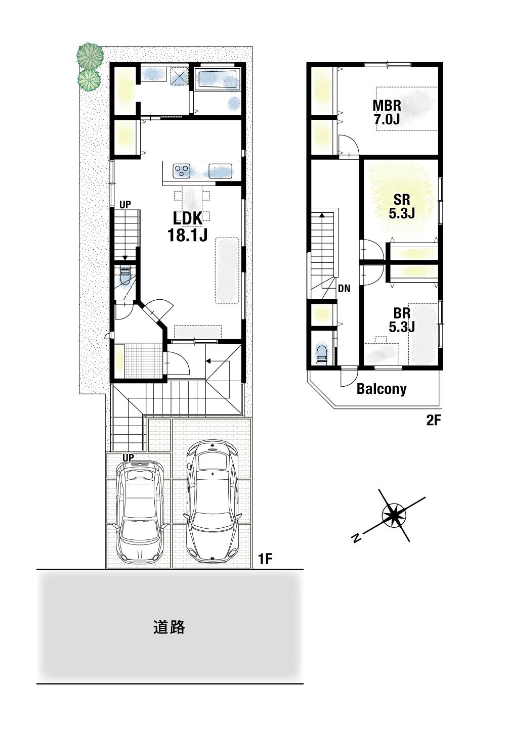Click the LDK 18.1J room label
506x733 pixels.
pos(187,226)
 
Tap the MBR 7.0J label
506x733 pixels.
pos(387,112)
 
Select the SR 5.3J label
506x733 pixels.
pos(402,206)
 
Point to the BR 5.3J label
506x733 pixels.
pos(402,320)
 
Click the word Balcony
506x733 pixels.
pos(382,389)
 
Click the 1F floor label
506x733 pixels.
pos(265,559)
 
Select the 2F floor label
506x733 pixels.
pos(434,421)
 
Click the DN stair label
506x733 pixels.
pos(344,288)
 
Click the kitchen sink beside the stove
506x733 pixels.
pos(221,171)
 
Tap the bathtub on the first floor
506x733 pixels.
pos(217,79)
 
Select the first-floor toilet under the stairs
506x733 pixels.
pos(125,277)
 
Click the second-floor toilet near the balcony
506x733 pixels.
pos(322,353)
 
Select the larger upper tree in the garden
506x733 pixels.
pos(90,56)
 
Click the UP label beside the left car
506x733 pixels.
pos(129,457)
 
